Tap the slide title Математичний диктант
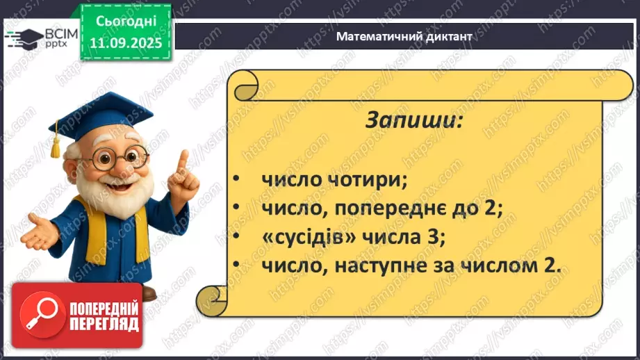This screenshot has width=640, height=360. pos(404,36)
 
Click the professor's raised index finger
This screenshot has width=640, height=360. pos(182,161)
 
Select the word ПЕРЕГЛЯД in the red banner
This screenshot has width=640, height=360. pos(104,325)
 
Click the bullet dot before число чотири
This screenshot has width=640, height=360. pos(236,181)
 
